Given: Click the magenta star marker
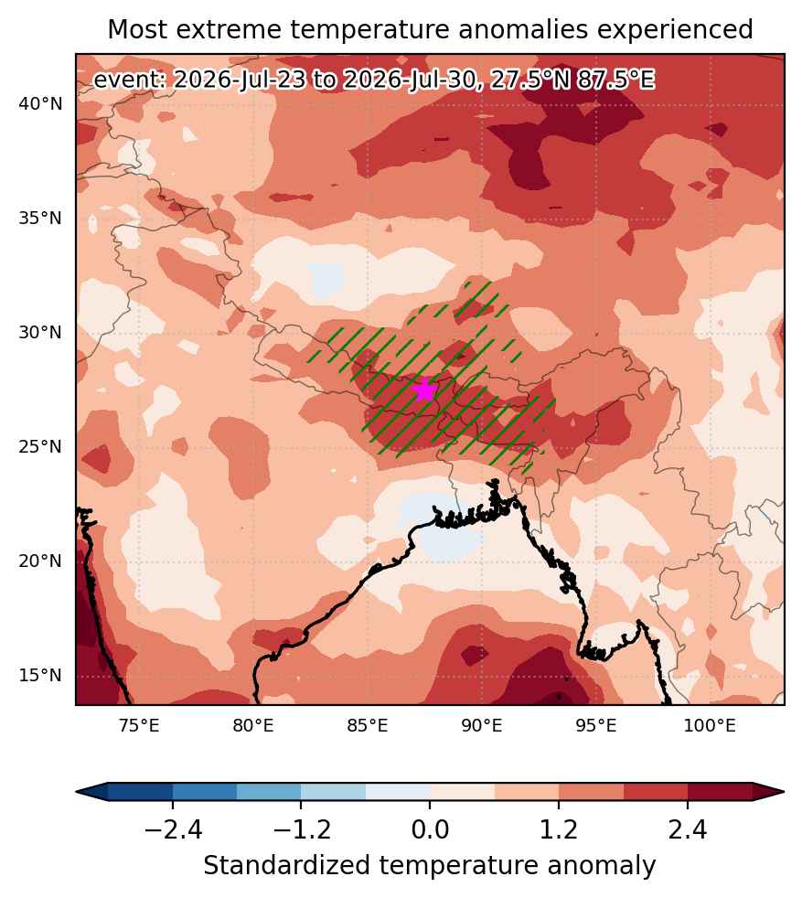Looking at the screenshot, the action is click(424, 390).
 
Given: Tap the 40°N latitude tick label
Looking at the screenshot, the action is click(40, 104).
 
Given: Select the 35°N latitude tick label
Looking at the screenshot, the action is click(40, 219).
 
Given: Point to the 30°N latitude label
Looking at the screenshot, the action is click(40, 332).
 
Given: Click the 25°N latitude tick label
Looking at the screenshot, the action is click(40, 446).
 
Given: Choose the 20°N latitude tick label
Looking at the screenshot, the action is click(40, 561).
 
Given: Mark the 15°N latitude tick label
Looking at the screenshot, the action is click(40, 675).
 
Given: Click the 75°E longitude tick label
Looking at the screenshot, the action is click(139, 726).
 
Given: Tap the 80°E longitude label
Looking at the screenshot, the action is click(253, 726).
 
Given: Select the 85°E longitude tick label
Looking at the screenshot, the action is click(368, 726).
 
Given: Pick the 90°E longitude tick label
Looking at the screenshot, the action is click(482, 726).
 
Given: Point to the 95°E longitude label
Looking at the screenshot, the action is click(595, 726).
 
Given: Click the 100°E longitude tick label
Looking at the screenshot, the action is click(710, 726).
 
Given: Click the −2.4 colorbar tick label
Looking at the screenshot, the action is click(173, 829).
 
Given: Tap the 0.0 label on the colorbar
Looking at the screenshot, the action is click(430, 829).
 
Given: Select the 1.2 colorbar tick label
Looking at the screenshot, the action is click(559, 829).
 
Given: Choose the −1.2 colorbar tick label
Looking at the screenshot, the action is click(302, 829).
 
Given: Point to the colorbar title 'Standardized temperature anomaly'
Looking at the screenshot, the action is click(430, 865).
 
